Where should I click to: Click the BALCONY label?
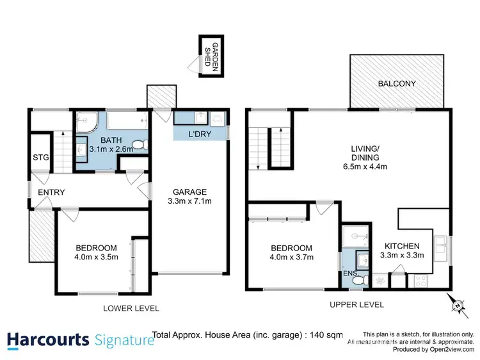(x=397, y=83)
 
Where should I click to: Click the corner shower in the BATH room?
(x=84, y=122)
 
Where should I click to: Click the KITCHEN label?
(x=401, y=246)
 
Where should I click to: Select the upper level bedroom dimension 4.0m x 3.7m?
(x=291, y=259)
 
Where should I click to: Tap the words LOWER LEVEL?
(x=131, y=308)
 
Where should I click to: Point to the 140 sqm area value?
(x=328, y=334)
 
